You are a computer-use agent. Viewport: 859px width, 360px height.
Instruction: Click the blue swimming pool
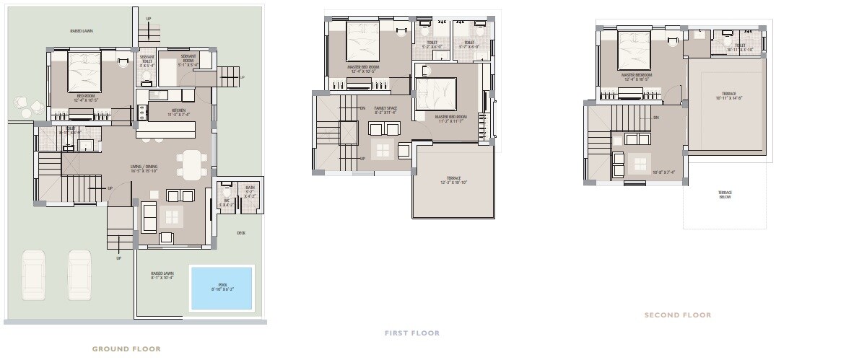click(x=222, y=288)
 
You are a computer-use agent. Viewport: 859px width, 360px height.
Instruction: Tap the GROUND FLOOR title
click(x=126, y=348)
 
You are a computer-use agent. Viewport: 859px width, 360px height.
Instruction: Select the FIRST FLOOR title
click(x=411, y=333)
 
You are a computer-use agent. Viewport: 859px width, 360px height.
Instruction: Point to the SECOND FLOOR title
click(x=678, y=315)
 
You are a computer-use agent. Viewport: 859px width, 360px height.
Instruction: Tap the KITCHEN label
click(x=178, y=111)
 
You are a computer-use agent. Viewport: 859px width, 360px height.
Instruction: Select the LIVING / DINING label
click(x=144, y=168)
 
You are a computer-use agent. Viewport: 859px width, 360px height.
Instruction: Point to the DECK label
click(x=241, y=232)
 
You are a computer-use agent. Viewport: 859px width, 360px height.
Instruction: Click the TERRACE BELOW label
click(x=725, y=194)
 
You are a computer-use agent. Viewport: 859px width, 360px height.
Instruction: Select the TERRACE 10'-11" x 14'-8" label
click(x=728, y=95)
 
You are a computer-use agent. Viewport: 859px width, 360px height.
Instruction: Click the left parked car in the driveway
click(x=34, y=275)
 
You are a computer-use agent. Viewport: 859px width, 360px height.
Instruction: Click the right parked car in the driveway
click(x=80, y=275)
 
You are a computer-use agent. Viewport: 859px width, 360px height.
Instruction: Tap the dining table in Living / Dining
click(x=191, y=164)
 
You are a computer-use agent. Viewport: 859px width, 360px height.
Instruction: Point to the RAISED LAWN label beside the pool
click(x=161, y=276)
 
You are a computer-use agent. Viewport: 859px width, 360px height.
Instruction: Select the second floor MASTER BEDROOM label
click(x=637, y=76)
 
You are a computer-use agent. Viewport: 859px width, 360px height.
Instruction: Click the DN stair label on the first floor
click(x=362, y=108)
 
